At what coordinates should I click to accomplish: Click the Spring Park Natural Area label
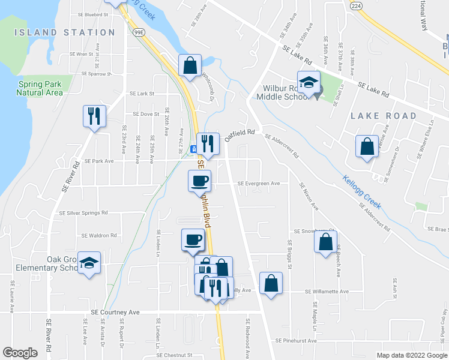pos(40,88)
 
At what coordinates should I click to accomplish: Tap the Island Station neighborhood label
pos(64,32)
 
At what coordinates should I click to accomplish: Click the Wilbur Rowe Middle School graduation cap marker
pos(309,83)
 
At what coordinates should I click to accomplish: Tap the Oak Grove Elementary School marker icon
pos(89,263)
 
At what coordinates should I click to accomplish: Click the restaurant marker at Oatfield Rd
pos(208,143)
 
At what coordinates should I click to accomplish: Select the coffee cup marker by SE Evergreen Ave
pos(199,180)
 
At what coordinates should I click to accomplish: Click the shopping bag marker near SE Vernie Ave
pos(366,146)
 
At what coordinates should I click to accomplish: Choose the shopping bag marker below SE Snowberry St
pos(325,242)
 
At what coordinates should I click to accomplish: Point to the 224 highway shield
pos(356,5)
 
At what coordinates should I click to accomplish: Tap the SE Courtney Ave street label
pos(115,313)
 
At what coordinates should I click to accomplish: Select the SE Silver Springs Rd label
pos(83,212)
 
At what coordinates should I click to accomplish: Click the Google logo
pos(20,353)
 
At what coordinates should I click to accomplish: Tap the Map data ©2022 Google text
pos(411,355)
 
